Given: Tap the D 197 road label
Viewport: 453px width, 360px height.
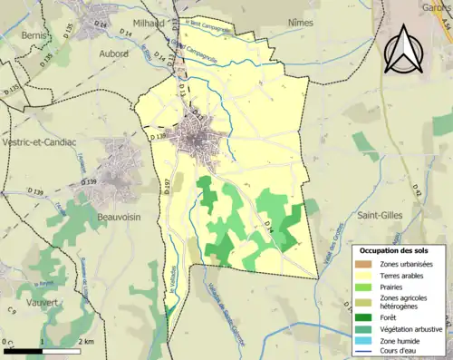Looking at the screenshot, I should click(x=167, y=187).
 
